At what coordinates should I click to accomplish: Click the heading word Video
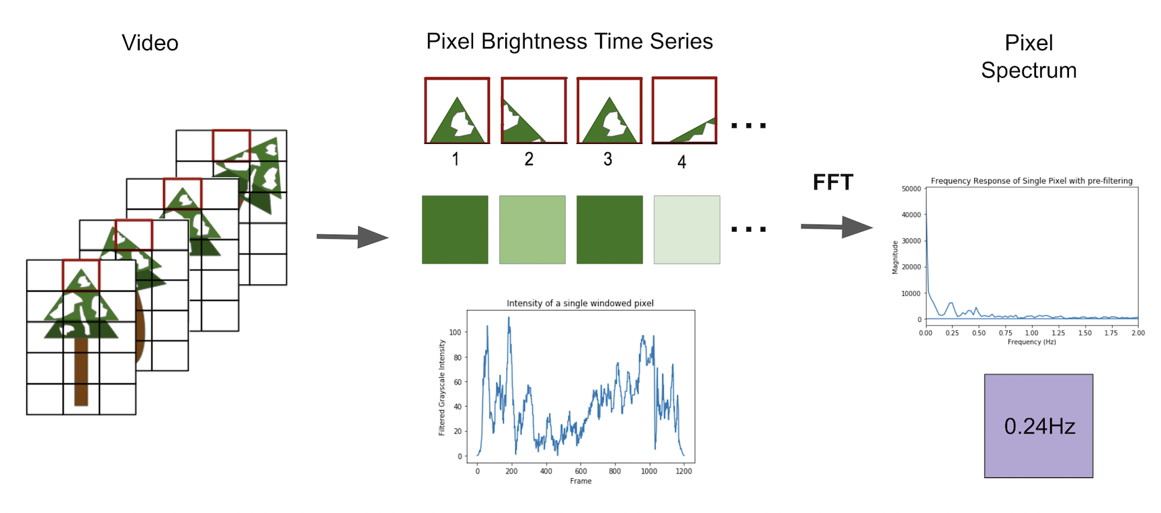click(150, 43)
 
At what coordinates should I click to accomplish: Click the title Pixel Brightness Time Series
click(569, 42)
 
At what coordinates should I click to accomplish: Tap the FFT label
click(832, 182)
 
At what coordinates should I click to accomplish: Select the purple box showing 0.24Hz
click(1038, 426)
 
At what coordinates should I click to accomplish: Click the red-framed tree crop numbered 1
click(457, 110)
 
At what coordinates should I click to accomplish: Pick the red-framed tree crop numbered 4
click(684, 110)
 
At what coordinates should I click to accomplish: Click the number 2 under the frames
click(529, 159)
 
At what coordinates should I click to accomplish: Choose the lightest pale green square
click(687, 229)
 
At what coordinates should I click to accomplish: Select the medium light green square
click(532, 229)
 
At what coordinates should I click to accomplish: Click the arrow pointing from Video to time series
click(353, 237)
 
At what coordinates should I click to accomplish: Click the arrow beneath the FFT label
click(836, 227)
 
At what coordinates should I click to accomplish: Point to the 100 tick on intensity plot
click(455, 332)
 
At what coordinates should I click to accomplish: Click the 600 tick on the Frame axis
click(580, 471)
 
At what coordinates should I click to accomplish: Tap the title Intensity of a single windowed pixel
click(580, 303)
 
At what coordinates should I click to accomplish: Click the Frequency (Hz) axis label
click(1031, 342)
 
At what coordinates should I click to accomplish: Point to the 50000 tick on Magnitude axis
click(911, 189)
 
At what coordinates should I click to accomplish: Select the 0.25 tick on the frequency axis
click(952, 333)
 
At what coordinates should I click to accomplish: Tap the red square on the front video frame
click(81, 275)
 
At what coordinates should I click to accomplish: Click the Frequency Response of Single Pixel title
click(1031, 181)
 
